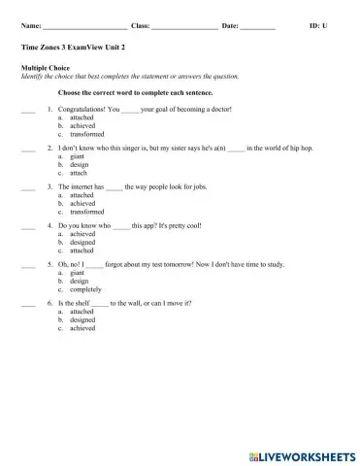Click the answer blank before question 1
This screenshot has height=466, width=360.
pyautogui.click(x=27, y=110)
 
